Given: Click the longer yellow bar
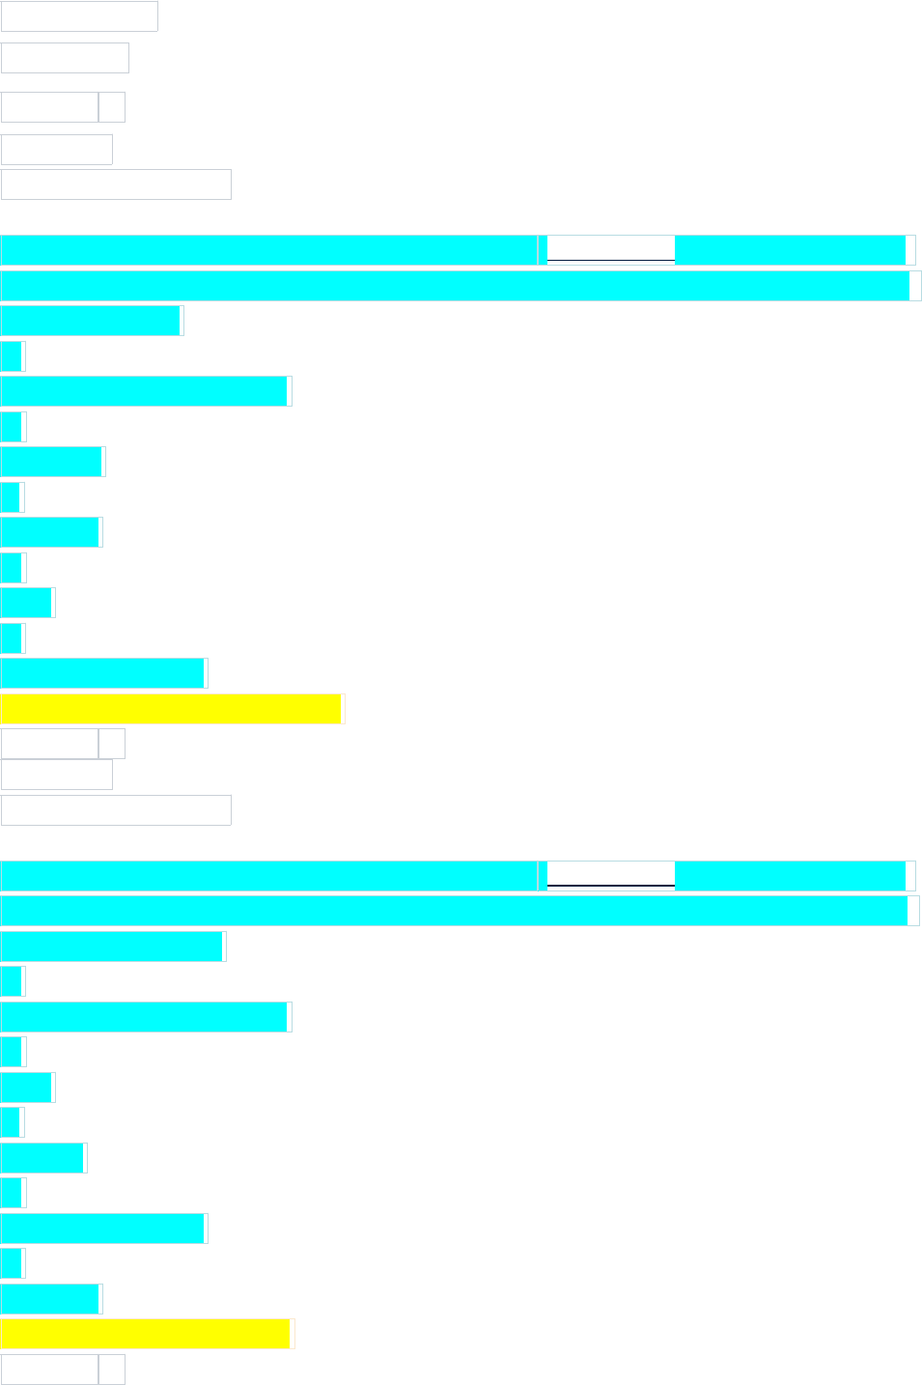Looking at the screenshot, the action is pos(171,709).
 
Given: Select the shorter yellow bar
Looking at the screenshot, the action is pos(145,1334).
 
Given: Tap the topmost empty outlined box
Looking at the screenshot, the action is pos(79,16).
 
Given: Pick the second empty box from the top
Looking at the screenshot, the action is pos(65,58).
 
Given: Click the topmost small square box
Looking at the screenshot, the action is pos(112,107).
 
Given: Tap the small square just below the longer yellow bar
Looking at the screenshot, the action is pos(112,744).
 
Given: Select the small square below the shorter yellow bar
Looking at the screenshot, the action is pos(112,1370).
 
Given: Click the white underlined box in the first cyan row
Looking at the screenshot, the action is pos(610,249).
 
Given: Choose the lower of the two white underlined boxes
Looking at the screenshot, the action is pos(610,875).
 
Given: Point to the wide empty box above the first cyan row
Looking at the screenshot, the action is pos(116,184).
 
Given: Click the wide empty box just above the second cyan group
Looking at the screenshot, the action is pos(116,810).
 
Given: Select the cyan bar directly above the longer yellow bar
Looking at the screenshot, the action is pos(102,673).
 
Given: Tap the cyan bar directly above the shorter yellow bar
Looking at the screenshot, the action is pos(50,1299).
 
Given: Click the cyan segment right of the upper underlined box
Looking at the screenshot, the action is pos(790,250).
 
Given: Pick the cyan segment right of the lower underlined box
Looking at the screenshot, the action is pos(790,876).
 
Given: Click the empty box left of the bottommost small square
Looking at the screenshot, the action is pos(49,1370).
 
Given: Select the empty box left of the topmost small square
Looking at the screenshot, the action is pos(49,107).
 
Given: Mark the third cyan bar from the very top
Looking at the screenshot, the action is pos(91,321).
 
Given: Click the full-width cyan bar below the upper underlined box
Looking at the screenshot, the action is pos(455,286).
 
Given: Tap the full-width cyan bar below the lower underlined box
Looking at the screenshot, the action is pos(454,911).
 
